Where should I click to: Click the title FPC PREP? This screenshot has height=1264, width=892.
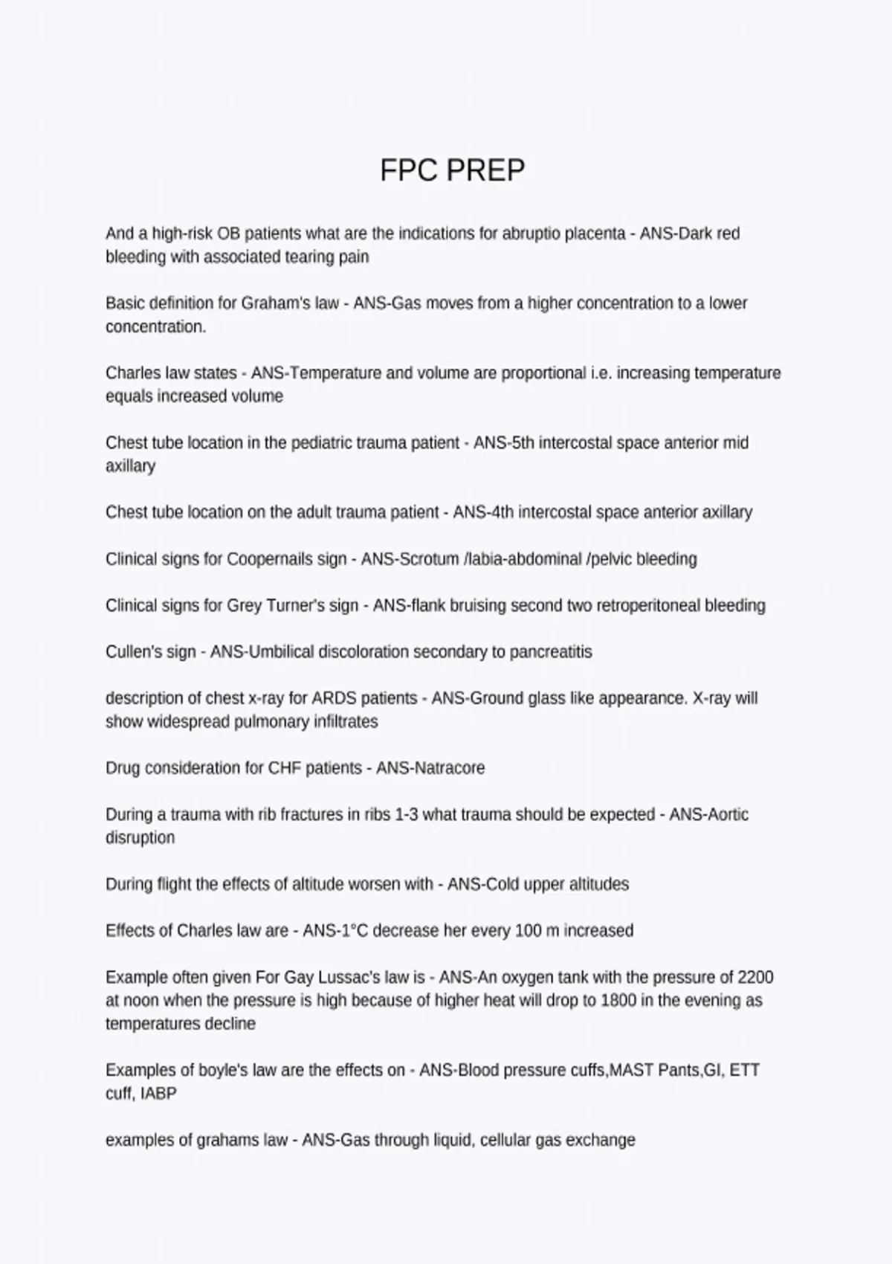coord(452,170)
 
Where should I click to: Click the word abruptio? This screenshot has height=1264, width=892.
coord(531,233)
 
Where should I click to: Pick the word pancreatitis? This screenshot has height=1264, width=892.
coord(552,652)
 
